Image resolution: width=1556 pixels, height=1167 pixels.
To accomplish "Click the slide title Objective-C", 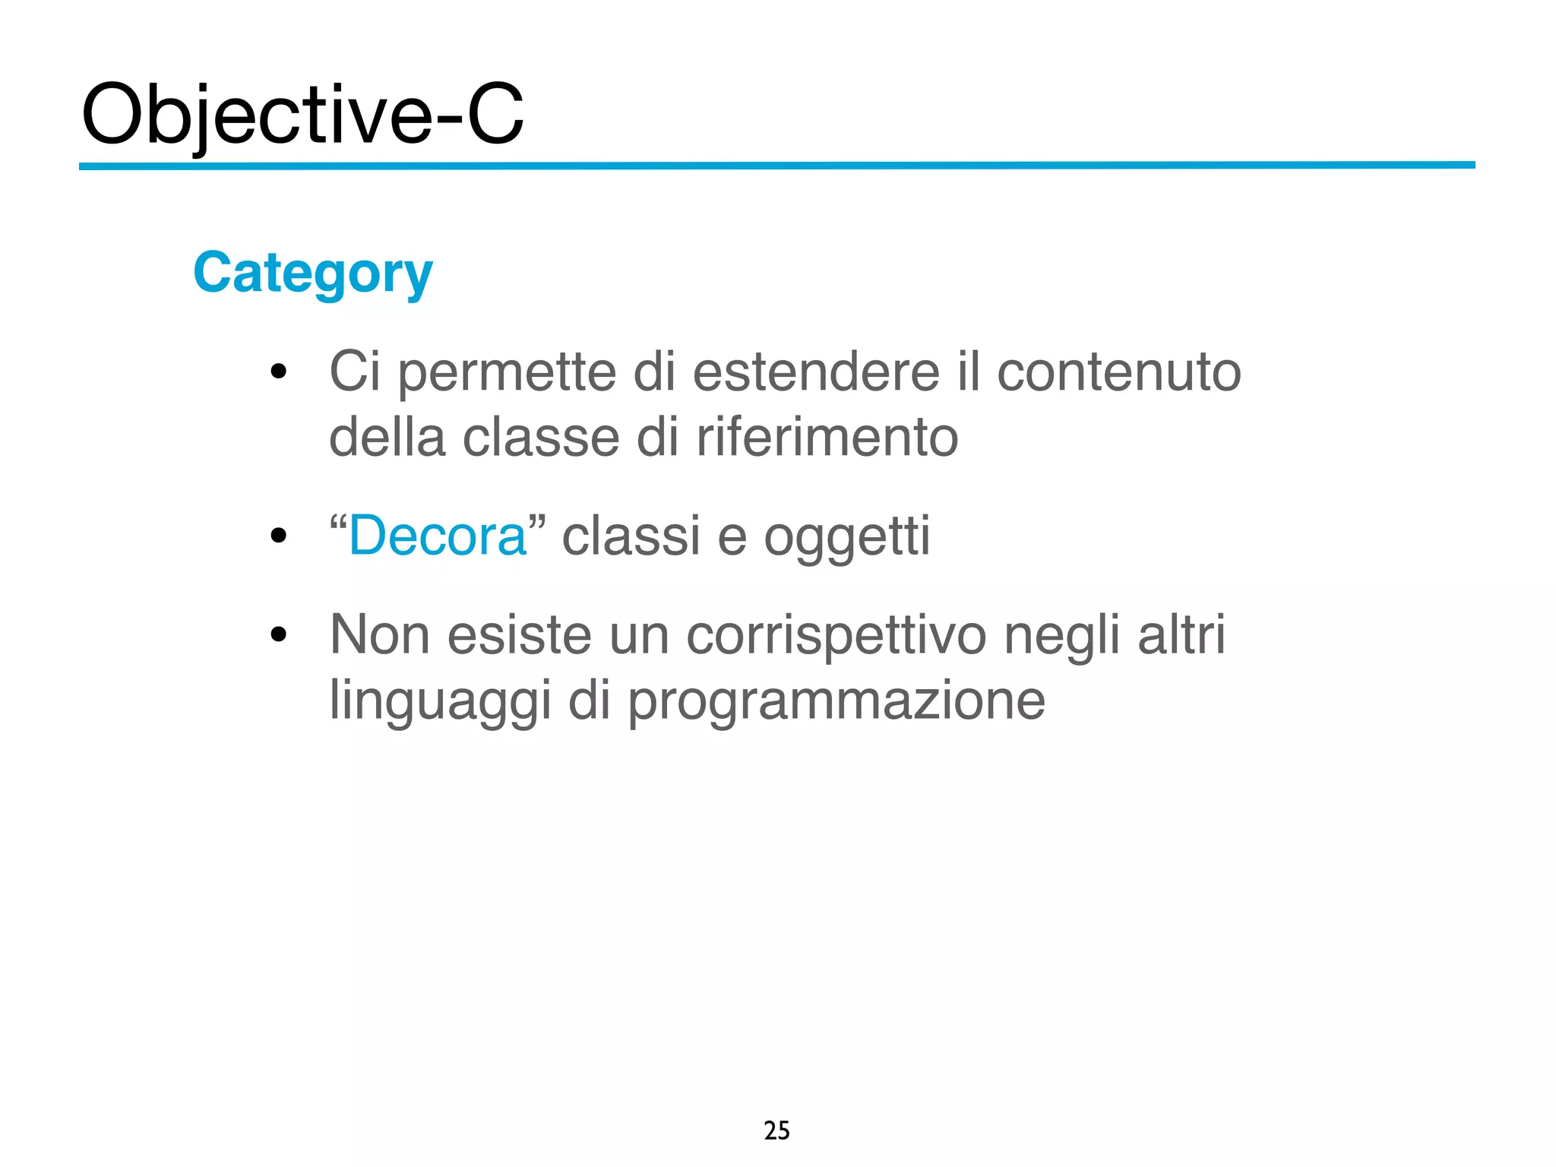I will [302, 115].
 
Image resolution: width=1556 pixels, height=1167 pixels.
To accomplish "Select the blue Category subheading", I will [312, 274].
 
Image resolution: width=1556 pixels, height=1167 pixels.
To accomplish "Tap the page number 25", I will [776, 1131].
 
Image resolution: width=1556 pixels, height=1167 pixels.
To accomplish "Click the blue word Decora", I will [437, 536].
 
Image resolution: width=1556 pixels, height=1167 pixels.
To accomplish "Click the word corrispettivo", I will [836, 636].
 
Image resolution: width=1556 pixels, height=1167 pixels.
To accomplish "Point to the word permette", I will [507, 374].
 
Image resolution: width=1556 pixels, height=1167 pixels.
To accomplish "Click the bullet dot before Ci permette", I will [279, 372].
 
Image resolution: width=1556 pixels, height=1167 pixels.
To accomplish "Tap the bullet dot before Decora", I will [279, 536].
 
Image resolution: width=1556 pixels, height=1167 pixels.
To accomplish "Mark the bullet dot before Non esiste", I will [279, 634].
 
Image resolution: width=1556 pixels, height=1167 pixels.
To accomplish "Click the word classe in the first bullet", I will [541, 438].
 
